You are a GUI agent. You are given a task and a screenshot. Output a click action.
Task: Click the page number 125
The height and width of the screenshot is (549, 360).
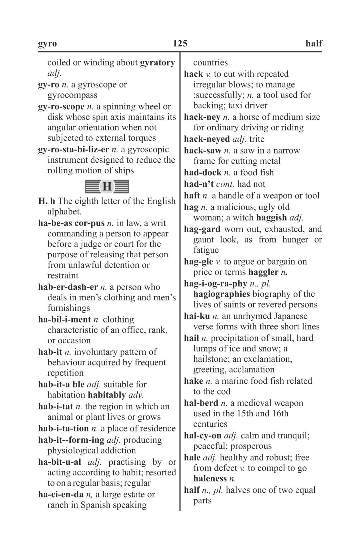180,43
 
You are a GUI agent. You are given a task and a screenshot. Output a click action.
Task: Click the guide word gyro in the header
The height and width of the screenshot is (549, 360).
48,44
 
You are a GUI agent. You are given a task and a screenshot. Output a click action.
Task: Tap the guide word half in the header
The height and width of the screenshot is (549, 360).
314,43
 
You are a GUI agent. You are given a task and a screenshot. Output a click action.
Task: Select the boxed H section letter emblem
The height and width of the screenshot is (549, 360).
107,186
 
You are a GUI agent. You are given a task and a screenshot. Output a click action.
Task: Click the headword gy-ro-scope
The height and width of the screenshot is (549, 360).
61,107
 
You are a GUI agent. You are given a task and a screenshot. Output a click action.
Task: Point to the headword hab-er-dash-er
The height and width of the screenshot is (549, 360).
68,287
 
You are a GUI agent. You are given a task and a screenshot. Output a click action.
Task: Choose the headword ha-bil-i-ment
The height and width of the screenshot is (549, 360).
65,319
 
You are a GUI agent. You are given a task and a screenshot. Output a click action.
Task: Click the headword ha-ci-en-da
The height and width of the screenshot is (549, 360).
61,494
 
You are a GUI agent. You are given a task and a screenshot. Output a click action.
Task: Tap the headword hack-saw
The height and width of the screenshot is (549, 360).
203,150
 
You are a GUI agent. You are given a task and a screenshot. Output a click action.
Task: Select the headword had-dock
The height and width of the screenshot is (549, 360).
203,172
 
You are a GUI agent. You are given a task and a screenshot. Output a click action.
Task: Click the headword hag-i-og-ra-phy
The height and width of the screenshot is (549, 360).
215,284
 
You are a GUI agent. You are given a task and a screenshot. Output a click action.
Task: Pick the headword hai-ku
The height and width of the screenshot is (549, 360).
197,316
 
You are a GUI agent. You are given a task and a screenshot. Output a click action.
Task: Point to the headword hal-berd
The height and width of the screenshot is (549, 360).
201,403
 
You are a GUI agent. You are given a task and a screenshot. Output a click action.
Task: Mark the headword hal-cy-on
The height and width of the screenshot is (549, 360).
203,435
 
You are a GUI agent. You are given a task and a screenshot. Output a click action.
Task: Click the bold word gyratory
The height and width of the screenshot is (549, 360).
157,63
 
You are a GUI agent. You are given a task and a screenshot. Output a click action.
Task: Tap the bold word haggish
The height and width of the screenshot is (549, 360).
272,218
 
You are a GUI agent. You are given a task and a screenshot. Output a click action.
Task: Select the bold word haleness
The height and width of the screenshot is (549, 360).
210,478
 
